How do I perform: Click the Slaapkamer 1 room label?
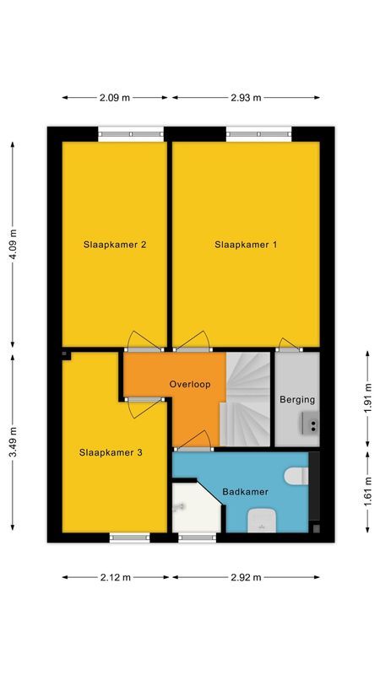[x=246, y=245]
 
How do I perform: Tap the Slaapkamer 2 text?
[x=115, y=245]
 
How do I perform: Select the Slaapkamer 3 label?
[x=111, y=452]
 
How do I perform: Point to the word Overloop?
[x=189, y=384]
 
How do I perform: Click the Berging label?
[x=297, y=400]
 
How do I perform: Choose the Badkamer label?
[x=244, y=491]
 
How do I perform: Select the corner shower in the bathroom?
[x=193, y=508]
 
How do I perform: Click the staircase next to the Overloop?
[x=246, y=397]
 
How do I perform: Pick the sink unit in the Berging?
[x=308, y=424]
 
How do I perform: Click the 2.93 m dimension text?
[x=246, y=98]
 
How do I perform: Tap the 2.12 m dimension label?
[x=115, y=578]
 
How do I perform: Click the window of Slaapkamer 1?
[x=258, y=132]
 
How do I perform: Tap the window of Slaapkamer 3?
[x=129, y=537]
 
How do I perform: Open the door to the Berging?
[x=289, y=343]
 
